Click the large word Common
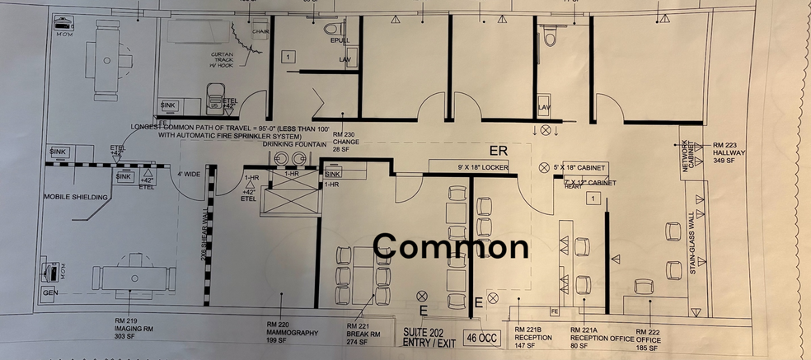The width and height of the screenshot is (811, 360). tap(452, 245)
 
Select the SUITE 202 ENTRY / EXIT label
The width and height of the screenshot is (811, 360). tap(429, 336)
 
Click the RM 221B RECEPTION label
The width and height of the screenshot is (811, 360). tap(533, 336)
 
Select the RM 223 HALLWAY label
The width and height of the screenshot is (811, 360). tap(729, 149)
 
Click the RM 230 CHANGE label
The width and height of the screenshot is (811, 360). tap(345, 142)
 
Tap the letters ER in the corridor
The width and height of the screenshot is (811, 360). tap(499, 152)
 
